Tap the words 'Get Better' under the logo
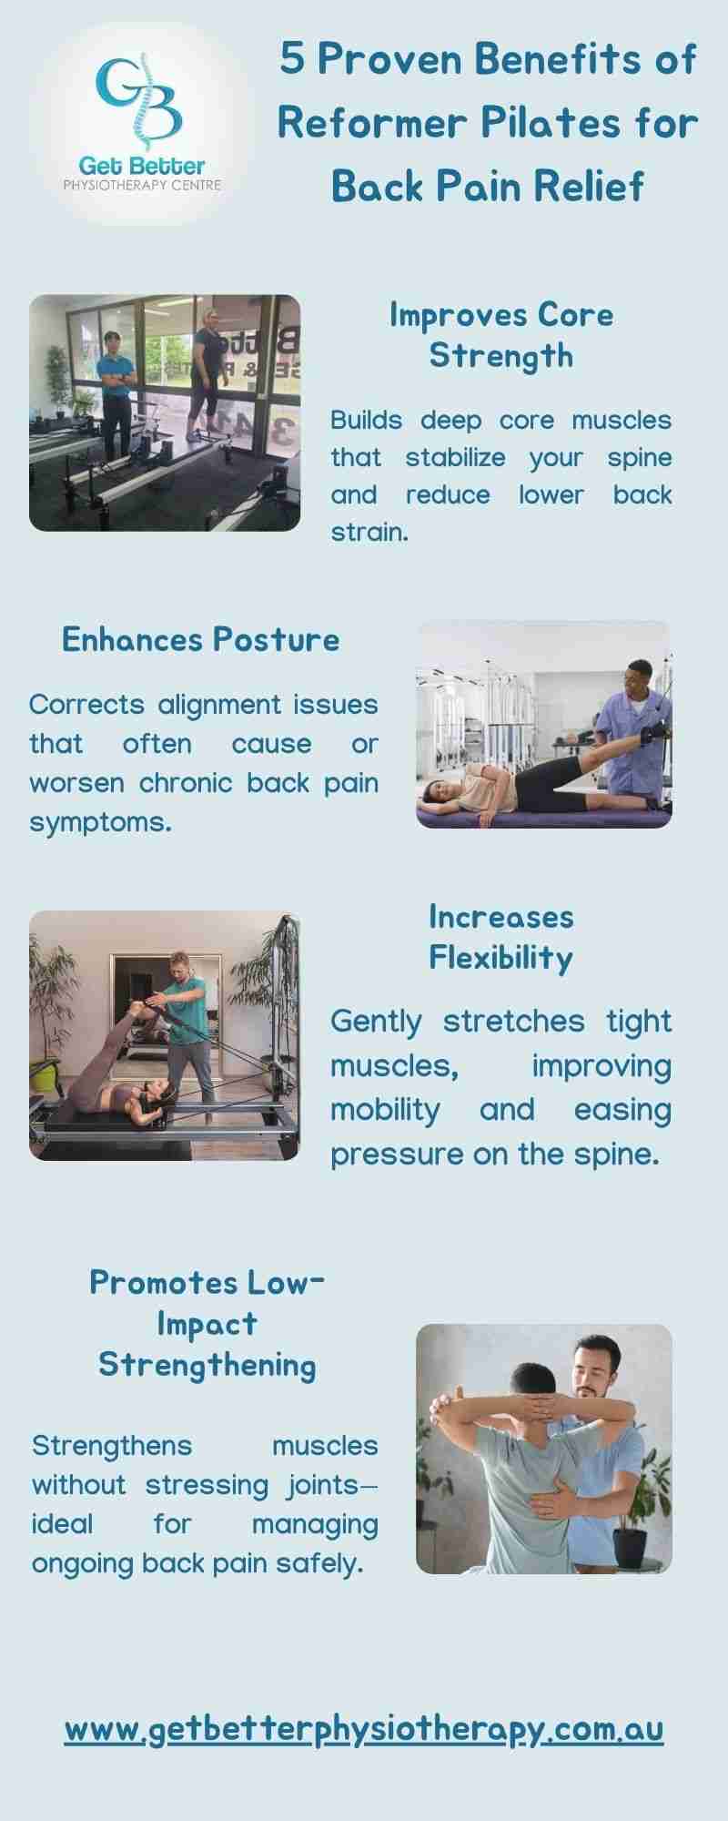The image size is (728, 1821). [141, 166]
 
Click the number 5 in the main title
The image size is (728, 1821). [292, 60]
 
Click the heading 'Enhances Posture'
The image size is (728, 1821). [200, 639]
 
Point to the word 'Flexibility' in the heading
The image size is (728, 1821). [500, 958]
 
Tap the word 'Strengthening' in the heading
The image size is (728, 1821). [207, 1365]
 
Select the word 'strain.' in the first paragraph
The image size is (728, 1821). [369, 533]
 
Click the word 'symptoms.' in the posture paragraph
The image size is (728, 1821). [100, 823]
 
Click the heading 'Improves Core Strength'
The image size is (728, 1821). [501, 335]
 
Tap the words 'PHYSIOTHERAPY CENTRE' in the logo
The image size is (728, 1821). [141, 185]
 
